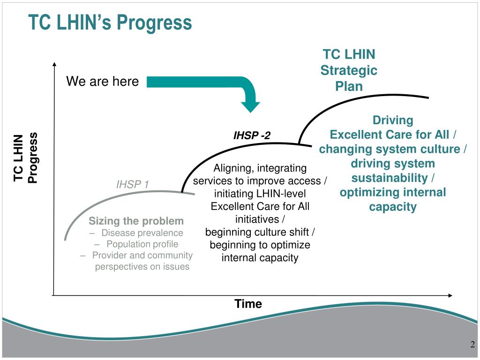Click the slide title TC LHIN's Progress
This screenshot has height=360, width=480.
(x=110, y=22)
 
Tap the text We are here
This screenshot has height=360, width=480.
(x=102, y=82)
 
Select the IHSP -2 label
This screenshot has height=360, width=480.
(x=252, y=136)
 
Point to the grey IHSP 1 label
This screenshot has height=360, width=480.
(x=133, y=184)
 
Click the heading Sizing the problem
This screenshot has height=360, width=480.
(x=136, y=221)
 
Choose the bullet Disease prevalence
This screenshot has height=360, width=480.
(x=142, y=233)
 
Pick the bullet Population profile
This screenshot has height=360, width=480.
(x=142, y=244)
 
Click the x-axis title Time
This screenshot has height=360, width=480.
(x=248, y=304)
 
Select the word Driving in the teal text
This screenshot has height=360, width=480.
(x=393, y=120)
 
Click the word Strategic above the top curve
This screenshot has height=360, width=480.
(x=349, y=70)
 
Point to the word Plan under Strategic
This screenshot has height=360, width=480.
(x=349, y=86)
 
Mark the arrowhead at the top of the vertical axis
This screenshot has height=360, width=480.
(x=55, y=65)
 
